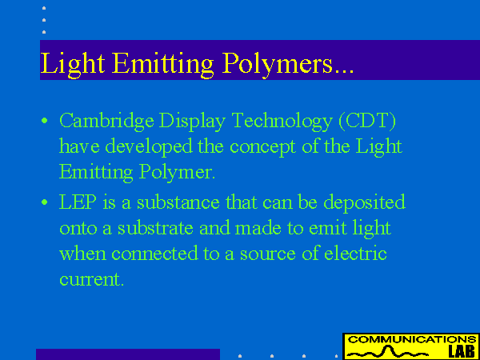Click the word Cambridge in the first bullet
click(x=106, y=122)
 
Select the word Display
click(x=193, y=122)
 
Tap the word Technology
click(x=282, y=122)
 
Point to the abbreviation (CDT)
click(x=367, y=121)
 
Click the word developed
click(x=149, y=147)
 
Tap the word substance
click(x=178, y=202)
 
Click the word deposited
click(x=364, y=203)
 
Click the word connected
click(x=154, y=254)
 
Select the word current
click(x=92, y=279)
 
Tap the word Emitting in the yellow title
click(x=162, y=64)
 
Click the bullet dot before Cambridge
click(x=45, y=120)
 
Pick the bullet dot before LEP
click(x=45, y=202)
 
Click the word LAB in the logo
click(x=462, y=352)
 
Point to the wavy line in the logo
click(x=389, y=352)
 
